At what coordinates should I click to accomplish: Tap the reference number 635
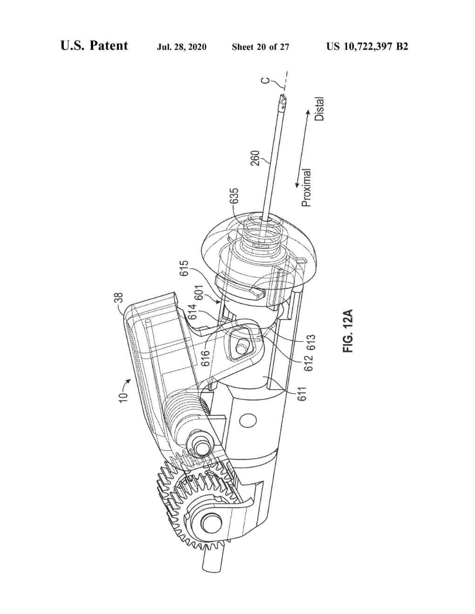point(234,196)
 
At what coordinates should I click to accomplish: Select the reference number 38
point(120,298)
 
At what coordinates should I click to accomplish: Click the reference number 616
point(206,358)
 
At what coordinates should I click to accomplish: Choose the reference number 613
point(311,342)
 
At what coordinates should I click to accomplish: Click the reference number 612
point(311,362)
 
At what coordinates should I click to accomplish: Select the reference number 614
point(193,311)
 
